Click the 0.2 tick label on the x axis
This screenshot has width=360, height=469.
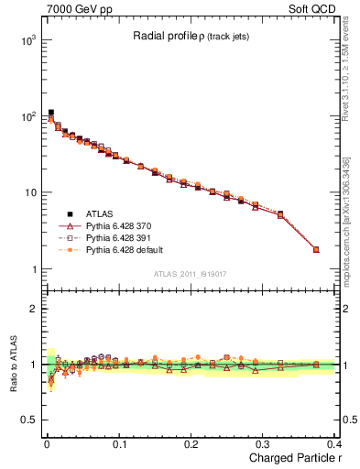click(x=191, y=444)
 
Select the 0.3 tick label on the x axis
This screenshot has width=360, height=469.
click(x=264, y=444)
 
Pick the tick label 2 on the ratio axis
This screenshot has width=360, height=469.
click(x=34, y=309)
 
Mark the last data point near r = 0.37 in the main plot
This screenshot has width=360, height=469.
click(x=316, y=249)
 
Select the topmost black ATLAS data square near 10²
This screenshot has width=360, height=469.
click(x=51, y=113)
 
